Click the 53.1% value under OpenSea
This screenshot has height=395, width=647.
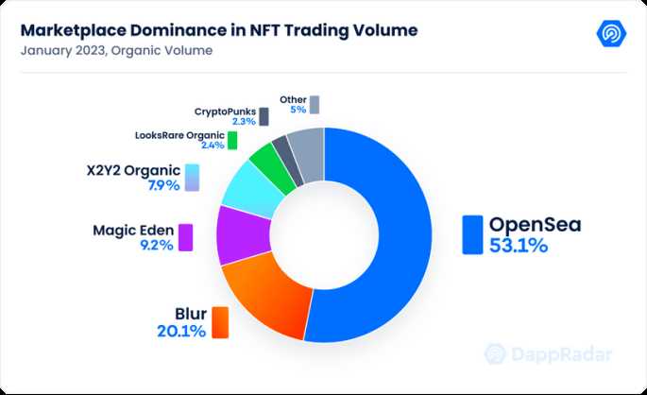point(519,246)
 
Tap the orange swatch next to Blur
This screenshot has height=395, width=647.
point(220,322)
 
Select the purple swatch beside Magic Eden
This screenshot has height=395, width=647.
point(186,237)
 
